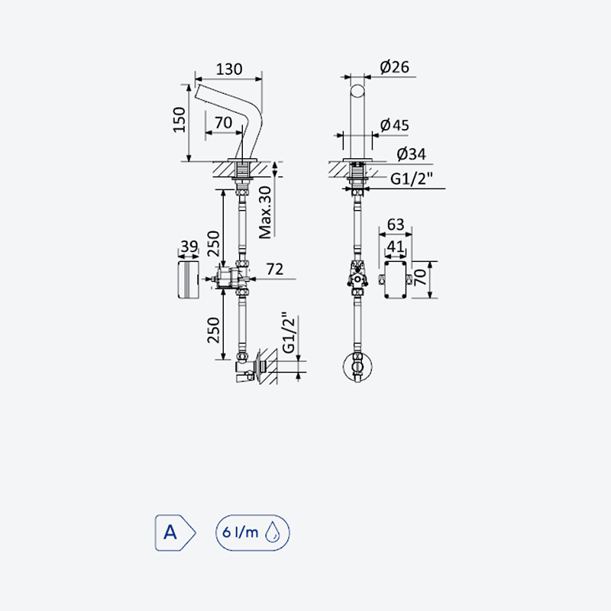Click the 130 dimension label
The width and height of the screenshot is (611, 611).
[229, 70]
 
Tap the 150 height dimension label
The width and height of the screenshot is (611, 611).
[179, 120]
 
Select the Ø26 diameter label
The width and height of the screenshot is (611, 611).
[394, 67]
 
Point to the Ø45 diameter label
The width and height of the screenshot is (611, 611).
[394, 125]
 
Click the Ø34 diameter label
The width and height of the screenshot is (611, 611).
[411, 154]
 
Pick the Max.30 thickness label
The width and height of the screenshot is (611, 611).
[265, 212]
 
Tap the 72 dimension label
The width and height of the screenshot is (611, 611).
[275, 270]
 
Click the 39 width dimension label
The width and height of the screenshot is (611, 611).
[189, 246]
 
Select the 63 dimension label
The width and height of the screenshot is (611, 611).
[396, 225]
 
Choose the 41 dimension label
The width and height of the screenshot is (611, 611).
[396, 246]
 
